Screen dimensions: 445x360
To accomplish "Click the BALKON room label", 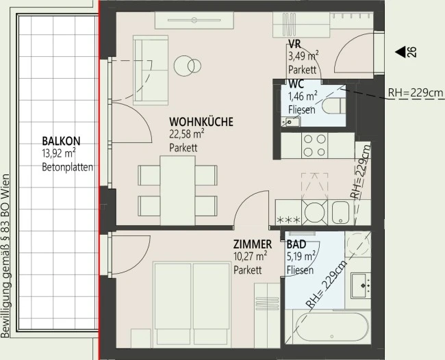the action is click(61, 141).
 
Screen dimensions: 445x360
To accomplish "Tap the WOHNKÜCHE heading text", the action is click(201, 122).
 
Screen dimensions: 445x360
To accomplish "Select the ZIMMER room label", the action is click(253, 244).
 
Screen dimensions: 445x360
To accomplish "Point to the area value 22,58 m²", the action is click(187, 134).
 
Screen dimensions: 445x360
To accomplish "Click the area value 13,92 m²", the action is click(59, 153).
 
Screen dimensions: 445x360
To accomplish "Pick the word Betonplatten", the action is click(68, 167).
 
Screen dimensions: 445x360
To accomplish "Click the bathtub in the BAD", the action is click(332, 329).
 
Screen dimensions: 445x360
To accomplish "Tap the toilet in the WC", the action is click(334, 106).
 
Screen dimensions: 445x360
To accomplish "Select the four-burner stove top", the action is click(314, 146).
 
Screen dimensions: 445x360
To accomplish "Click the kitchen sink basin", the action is click(340, 212).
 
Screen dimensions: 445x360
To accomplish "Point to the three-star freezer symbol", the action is click(288, 220).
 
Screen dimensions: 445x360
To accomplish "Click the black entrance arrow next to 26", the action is click(400, 52).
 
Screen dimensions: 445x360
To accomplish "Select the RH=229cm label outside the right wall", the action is click(416, 93).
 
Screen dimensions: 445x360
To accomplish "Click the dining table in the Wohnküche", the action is click(178, 190).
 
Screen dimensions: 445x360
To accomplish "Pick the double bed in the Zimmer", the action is click(192, 305).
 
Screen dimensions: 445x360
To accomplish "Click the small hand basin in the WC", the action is click(291, 122).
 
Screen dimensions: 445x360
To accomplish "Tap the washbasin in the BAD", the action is click(361, 285).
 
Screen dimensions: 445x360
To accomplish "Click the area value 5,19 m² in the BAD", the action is click(301, 257).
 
